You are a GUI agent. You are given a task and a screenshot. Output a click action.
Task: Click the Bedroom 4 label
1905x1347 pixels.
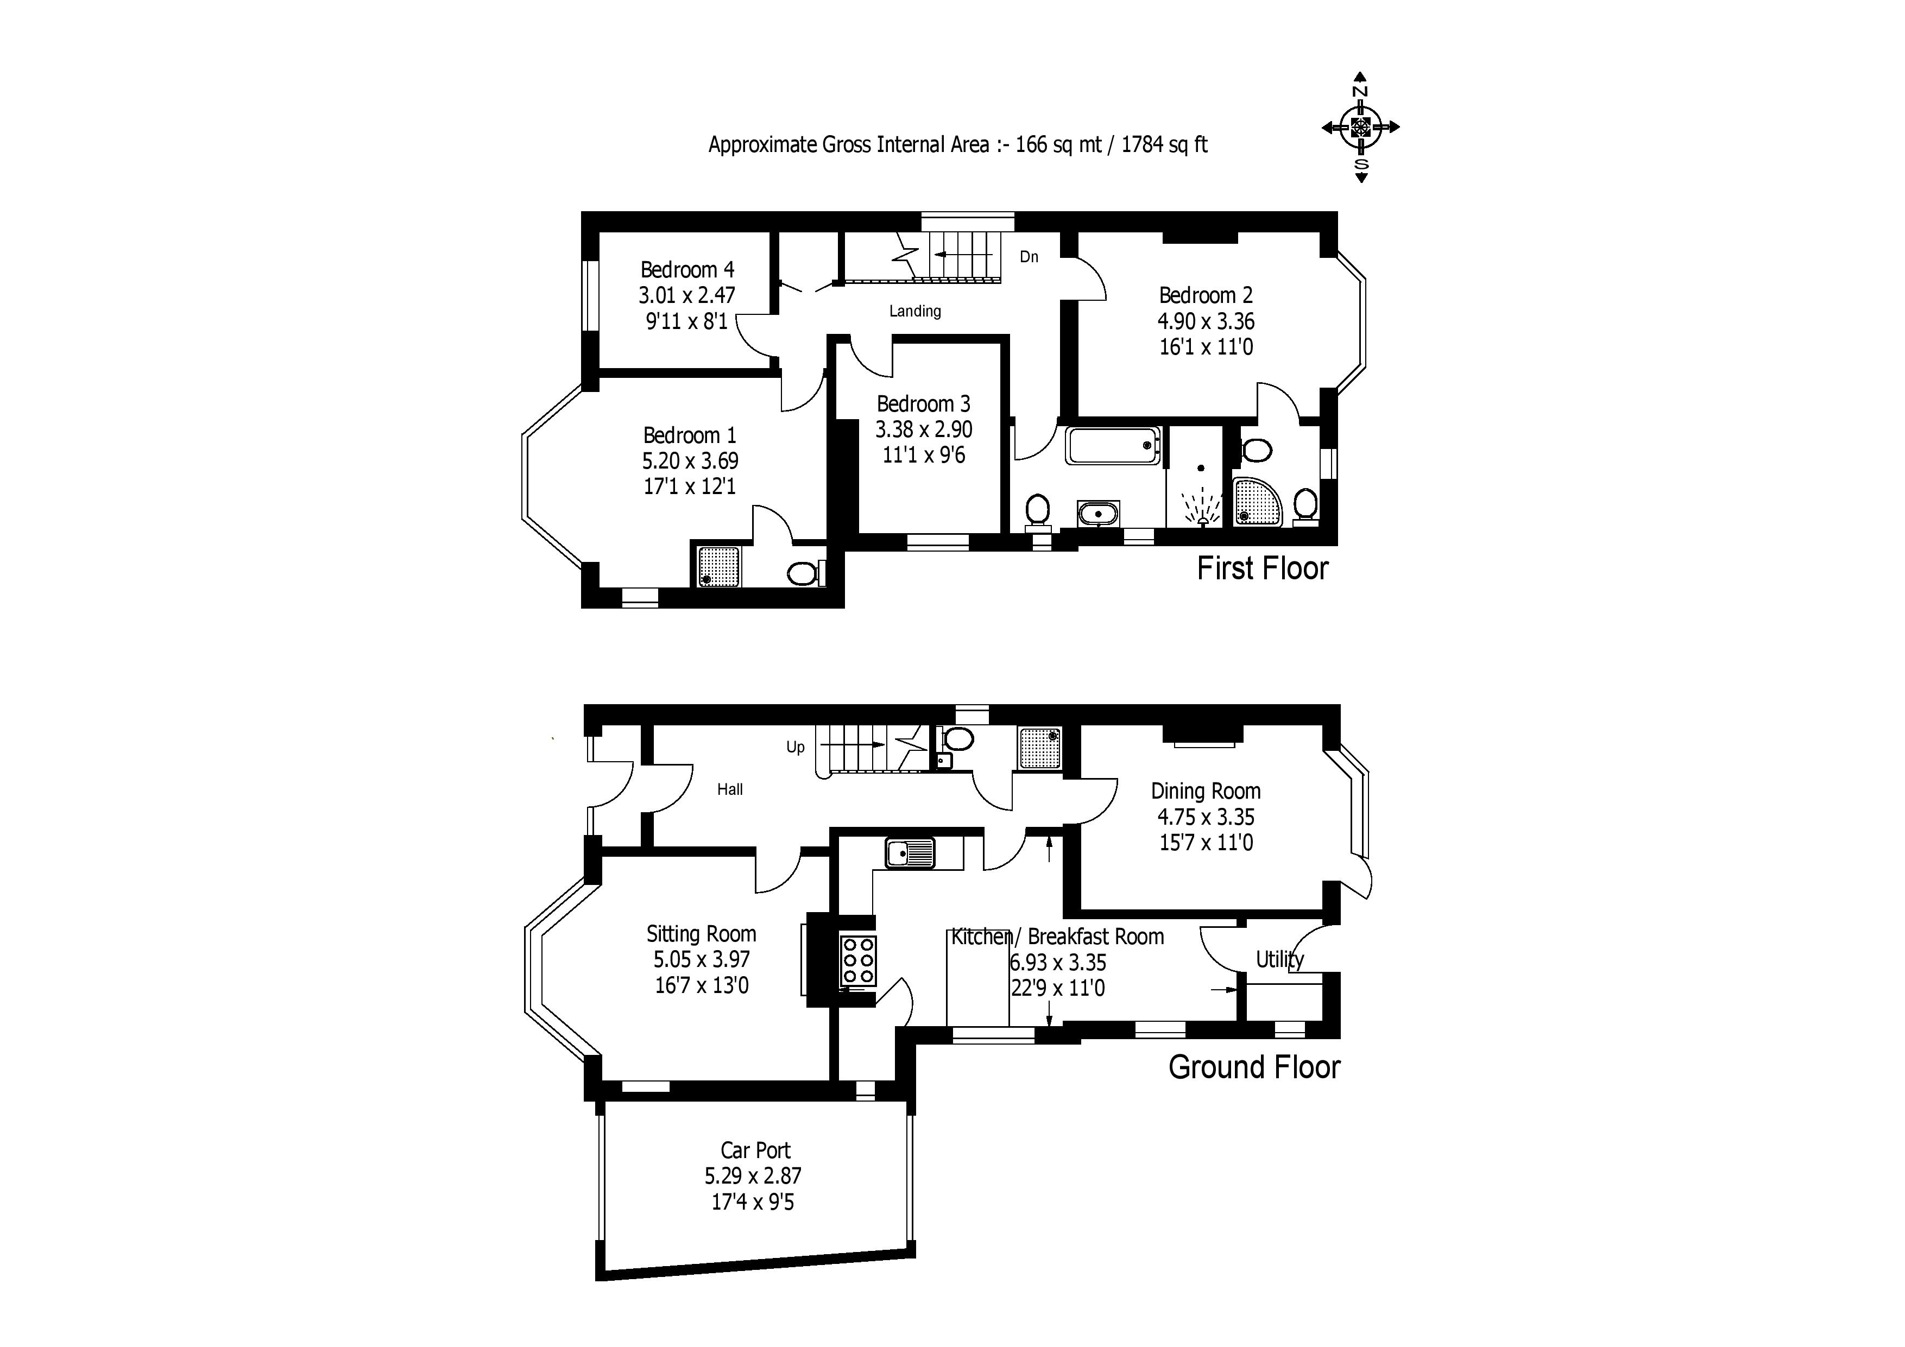(x=687, y=270)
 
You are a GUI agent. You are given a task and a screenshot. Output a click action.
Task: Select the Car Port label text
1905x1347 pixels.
(x=755, y=1150)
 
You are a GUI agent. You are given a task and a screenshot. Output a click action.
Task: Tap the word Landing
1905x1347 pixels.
(x=915, y=311)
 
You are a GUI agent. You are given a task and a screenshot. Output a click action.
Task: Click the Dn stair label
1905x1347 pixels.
(x=1029, y=257)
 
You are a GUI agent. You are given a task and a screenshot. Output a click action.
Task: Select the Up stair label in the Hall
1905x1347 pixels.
(x=795, y=747)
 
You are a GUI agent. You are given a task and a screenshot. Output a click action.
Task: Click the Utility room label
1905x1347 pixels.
(x=1279, y=960)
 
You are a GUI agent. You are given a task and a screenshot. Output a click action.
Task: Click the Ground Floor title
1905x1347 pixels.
(x=1254, y=1067)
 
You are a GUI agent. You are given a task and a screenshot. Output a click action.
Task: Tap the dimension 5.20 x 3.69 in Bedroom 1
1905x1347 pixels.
(x=690, y=461)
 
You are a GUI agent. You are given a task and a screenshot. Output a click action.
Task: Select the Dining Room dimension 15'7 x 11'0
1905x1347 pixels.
(x=1206, y=843)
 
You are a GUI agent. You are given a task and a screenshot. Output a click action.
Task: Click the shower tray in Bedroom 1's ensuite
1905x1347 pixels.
(x=717, y=566)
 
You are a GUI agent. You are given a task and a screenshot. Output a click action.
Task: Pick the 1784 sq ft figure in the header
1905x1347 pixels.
(x=1164, y=145)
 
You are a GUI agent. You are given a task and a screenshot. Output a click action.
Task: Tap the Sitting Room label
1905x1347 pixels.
(x=701, y=934)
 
